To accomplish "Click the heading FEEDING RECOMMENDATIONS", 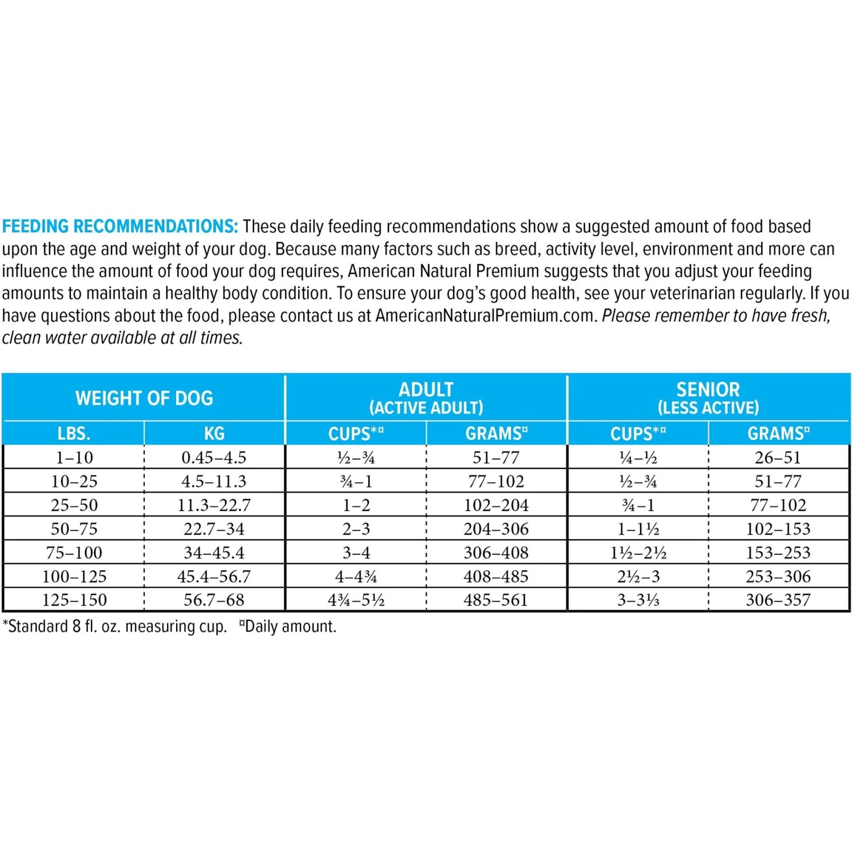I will (x=120, y=226).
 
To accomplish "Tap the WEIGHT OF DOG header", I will (x=144, y=398).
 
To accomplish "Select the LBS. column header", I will (x=74, y=433).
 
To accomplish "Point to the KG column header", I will (x=214, y=433).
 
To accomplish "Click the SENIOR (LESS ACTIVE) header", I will (x=708, y=398).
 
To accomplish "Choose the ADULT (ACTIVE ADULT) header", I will (x=426, y=398).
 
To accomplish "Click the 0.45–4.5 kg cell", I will (x=214, y=457).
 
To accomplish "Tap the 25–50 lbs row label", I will (x=74, y=505).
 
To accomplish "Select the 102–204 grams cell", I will (x=496, y=505).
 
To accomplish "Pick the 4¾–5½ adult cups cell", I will (x=356, y=600).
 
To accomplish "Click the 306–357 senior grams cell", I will (x=778, y=600).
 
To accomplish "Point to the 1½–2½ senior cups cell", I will (x=638, y=553).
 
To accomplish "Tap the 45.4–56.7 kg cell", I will (x=214, y=577).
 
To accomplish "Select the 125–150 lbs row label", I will (x=74, y=600).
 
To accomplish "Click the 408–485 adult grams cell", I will (x=496, y=577).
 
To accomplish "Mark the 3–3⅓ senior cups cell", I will (x=638, y=600).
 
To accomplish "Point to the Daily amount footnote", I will (x=289, y=627).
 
